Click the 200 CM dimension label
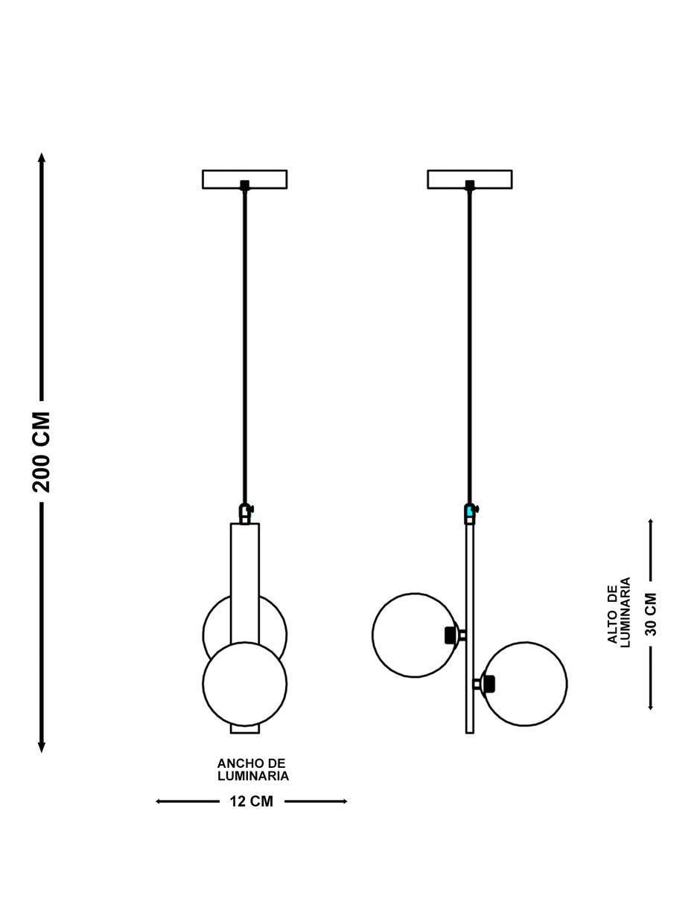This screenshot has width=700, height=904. (41, 452)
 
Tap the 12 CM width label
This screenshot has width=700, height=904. (252, 801)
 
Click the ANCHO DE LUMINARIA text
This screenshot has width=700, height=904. (253, 769)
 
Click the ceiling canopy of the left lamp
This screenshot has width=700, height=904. (245, 179)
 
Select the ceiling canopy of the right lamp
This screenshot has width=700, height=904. (469, 179)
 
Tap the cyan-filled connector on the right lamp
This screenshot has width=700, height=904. (470, 510)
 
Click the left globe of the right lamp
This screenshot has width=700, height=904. (415, 635)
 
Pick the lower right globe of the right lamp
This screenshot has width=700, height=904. (524, 684)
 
